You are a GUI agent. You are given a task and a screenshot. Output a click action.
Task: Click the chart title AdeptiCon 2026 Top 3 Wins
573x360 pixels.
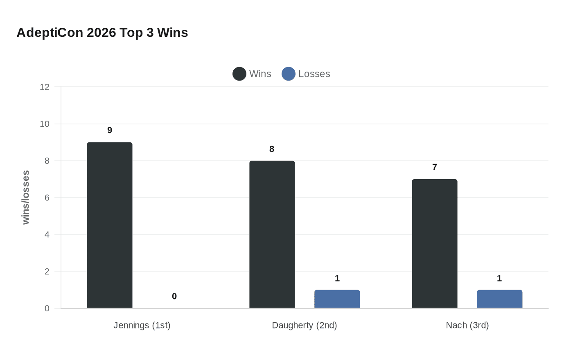pyautogui.click(x=102, y=33)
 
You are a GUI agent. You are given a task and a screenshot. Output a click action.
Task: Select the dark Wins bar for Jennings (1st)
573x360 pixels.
pyautogui.click(x=110, y=225)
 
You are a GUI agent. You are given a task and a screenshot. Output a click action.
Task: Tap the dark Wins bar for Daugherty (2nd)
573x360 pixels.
pyautogui.click(x=272, y=234)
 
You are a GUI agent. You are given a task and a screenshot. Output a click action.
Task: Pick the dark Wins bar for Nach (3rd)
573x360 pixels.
pyautogui.click(x=435, y=243)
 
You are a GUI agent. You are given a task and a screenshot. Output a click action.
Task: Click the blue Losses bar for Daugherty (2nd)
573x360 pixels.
pyautogui.click(x=337, y=299)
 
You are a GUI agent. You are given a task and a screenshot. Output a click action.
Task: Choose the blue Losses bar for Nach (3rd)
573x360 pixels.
pyautogui.click(x=500, y=299)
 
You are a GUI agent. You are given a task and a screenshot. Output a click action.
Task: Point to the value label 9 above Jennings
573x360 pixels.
pyautogui.click(x=110, y=130)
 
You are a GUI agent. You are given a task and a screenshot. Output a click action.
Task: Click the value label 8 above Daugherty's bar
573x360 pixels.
pyautogui.click(x=272, y=149)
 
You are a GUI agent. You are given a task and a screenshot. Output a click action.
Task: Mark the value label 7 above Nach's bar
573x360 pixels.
pyautogui.click(x=435, y=167)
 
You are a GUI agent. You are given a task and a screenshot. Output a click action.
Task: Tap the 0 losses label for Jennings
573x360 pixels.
pyautogui.click(x=174, y=297)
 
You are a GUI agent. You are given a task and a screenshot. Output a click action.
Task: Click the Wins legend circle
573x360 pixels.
pyautogui.click(x=239, y=74)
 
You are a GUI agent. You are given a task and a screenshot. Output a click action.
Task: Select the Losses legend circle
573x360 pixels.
pyautogui.click(x=289, y=74)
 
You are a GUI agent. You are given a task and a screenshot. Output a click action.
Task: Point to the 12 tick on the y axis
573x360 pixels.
pyautogui.click(x=45, y=87)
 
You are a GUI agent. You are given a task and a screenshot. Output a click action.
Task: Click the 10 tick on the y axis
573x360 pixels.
pyautogui.click(x=45, y=124)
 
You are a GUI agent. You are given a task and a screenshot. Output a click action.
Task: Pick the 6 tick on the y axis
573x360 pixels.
pyautogui.click(x=47, y=198)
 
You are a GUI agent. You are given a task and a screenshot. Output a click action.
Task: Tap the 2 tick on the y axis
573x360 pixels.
pyautogui.click(x=47, y=272)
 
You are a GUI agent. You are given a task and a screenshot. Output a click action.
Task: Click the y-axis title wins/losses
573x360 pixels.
pyautogui.click(x=26, y=198)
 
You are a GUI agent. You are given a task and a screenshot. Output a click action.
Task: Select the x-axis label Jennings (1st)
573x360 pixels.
pyautogui.click(x=142, y=325)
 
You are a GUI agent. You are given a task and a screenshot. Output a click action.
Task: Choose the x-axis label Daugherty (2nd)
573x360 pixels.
pyautogui.click(x=305, y=325)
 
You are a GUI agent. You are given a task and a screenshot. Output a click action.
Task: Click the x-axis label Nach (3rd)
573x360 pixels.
pyautogui.click(x=467, y=325)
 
